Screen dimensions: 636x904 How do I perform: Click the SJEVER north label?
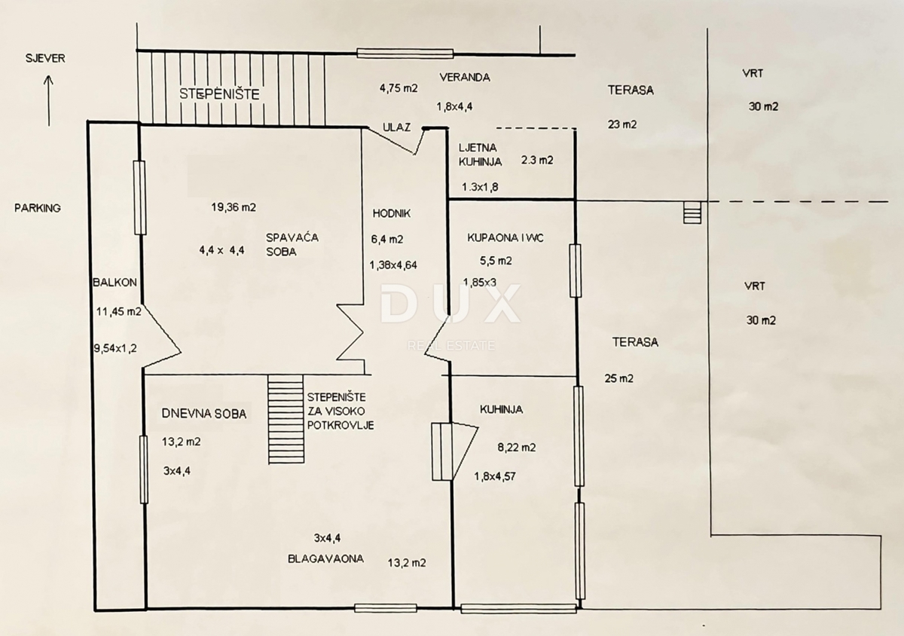pyautogui.click(x=44, y=59)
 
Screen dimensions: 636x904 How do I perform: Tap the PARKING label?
pyautogui.click(x=37, y=208)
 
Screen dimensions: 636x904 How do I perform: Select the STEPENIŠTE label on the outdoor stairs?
pyautogui.click(x=219, y=94)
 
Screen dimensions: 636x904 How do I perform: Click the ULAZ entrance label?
pyautogui.click(x=396, y=127)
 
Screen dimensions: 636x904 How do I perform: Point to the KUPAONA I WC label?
pyautogui.click(x=505, y=237)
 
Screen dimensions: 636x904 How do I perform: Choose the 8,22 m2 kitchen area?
pyautogui.click(x=517, y=447)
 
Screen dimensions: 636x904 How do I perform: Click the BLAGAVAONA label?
pyautogui.click(x=325, y=559)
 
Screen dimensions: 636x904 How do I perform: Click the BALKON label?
pyautogui.click(x=115, y=283)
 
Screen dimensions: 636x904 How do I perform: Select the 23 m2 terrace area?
pyautogui.click(x=622, y=125)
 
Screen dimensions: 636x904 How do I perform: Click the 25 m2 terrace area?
pyautogui.click(x=618, y=378)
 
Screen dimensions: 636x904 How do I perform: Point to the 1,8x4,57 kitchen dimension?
pyautogui.click(x=499, y=475)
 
